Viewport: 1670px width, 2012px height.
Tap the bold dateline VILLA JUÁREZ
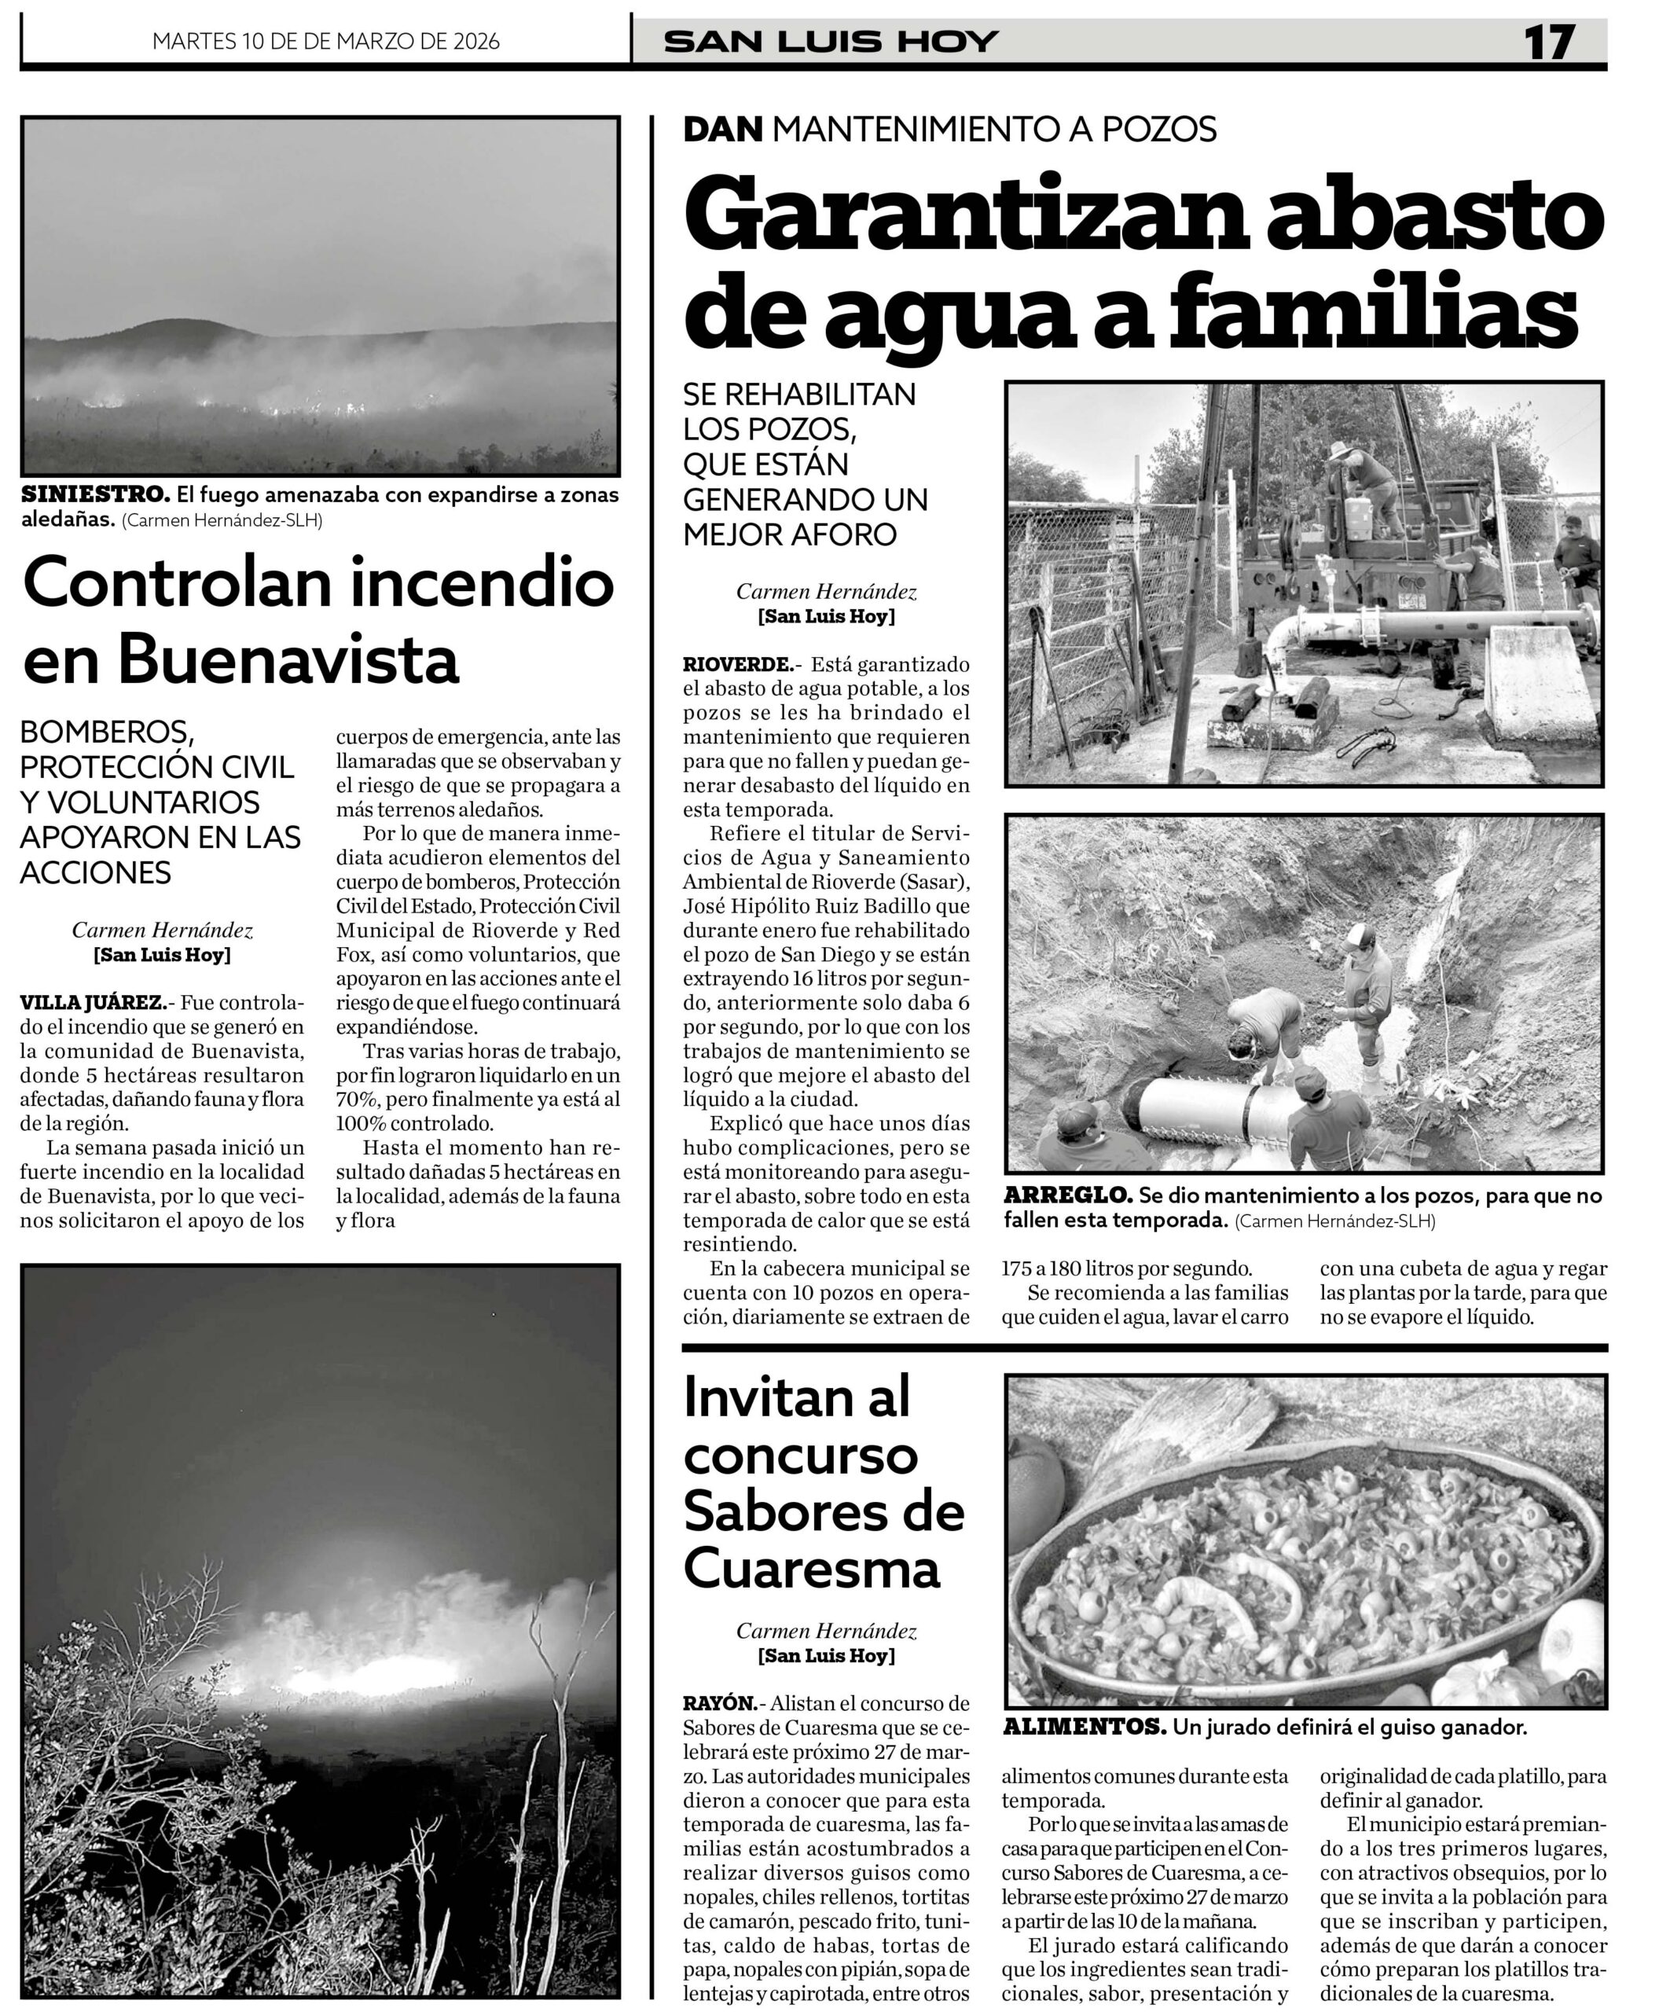coord(92,1003)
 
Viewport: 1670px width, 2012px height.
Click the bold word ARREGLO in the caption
coord(1066,1195)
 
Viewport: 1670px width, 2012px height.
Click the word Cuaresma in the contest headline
coord(812,1570)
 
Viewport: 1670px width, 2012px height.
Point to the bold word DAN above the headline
coord(722,128)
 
